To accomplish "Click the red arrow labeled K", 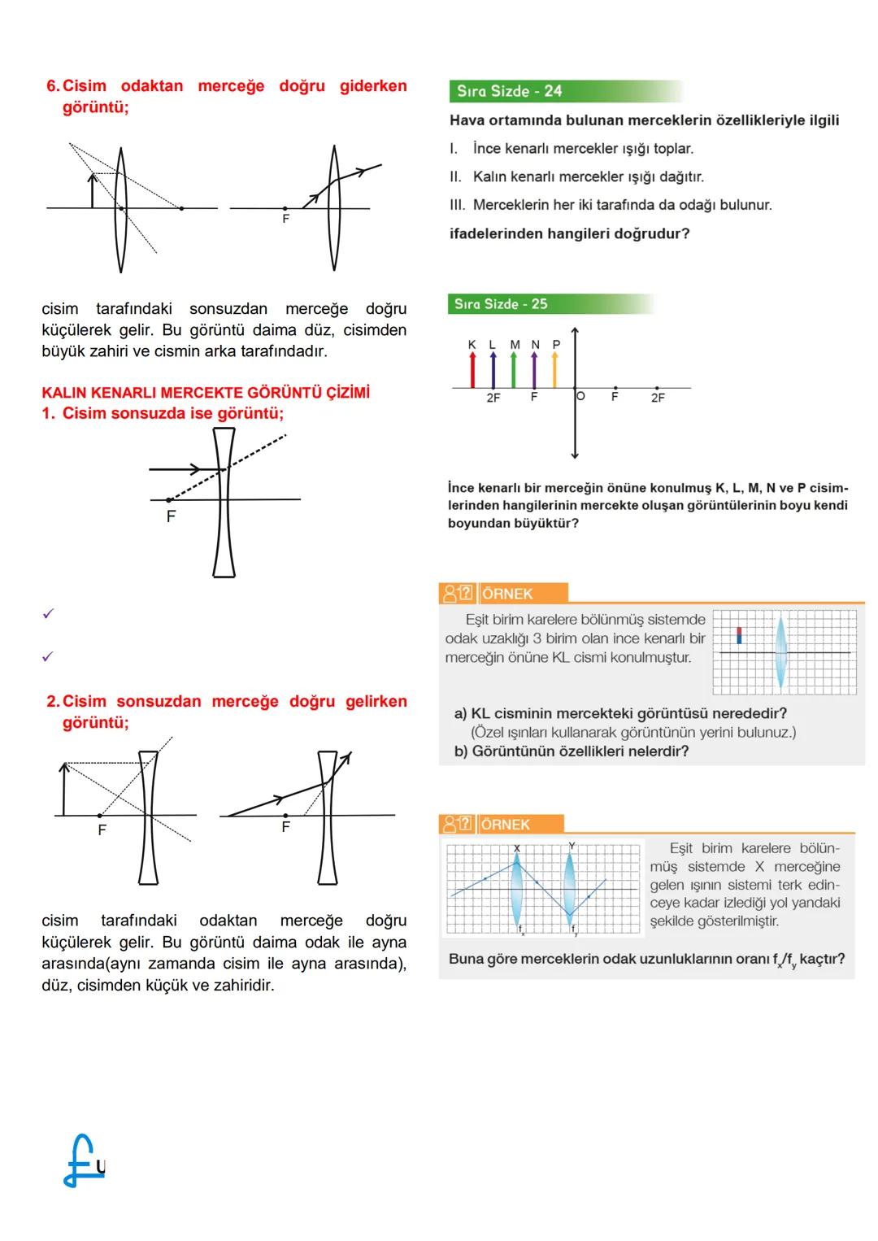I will click(x=472, y=371).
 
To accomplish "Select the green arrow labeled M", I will click(x=514, y=371).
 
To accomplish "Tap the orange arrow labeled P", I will click(x=555, y=371).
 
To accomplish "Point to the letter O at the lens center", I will click(x=580, y=396).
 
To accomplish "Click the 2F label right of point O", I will click(x=658, y=398).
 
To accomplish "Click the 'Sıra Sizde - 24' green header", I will click(x=510, y=91).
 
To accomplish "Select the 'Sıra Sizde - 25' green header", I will click(x=501, y=304).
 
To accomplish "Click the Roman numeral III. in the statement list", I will click(x=457, y=205).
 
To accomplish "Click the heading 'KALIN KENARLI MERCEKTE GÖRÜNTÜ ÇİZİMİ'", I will click(x=206, y=393).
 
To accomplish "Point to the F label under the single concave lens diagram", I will click(x=171, y=516).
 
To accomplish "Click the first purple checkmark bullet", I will click(x=48, y=614).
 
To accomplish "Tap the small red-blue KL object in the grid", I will click(x=739, y=635).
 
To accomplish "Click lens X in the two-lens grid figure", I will click(x=517, y=888).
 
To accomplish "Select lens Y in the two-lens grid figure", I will click(x=570, y=888).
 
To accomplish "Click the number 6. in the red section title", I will click(x=53, y=86).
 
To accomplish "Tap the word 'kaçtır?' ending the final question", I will click(x=822, y=959).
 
